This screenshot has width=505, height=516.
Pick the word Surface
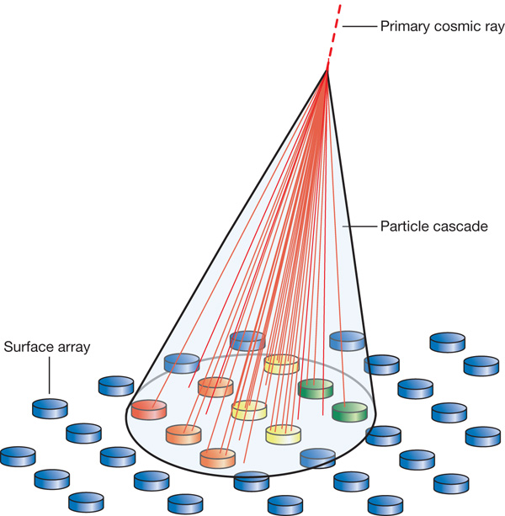[25, 346]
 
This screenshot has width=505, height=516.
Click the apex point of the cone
[327, 70]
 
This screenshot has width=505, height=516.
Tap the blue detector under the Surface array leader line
[50, 409]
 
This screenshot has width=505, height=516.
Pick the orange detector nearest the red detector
[184, 434]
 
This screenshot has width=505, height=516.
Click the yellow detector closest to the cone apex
[281, 364]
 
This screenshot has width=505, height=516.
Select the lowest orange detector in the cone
[218, 458]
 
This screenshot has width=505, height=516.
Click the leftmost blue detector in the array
[18, 456]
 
